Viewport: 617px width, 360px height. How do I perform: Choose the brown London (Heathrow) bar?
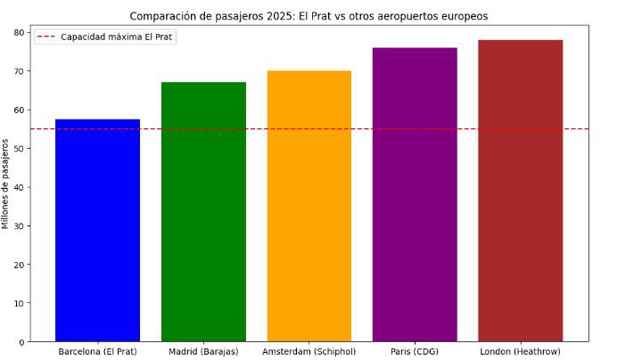click(520, 191)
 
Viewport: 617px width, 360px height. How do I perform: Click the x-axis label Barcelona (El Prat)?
click(97, 351)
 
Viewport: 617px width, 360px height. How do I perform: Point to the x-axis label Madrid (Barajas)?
click(203, 351)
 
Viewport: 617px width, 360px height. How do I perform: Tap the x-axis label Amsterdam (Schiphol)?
click(308, 351)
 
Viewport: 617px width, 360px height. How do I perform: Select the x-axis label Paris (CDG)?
click(415, 351)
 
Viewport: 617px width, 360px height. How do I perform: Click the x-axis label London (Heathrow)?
click(520, 351)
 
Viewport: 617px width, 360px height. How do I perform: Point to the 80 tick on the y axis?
click(20, 32)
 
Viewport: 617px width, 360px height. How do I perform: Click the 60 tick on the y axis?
click(20, 110)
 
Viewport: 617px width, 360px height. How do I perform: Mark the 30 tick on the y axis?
click(20, 225)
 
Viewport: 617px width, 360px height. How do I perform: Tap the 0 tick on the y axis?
click(22, 341)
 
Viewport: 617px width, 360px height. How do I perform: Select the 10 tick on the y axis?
click(20, 303)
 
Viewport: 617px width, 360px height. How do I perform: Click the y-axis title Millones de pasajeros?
click(6, 187)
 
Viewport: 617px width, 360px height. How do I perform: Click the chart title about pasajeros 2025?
click(308, 16)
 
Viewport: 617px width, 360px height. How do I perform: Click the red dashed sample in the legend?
click(46, 37)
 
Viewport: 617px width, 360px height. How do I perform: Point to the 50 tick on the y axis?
click(20, 148)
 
